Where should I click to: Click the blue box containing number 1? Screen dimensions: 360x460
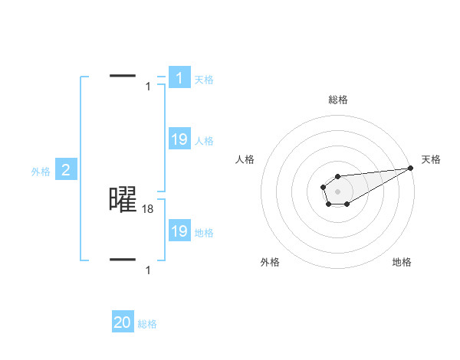179,77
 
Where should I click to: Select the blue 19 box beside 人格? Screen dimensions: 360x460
179,139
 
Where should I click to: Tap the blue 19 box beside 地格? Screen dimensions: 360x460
179,231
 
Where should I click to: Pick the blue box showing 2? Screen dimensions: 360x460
65,170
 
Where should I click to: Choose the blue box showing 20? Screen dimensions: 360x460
123,322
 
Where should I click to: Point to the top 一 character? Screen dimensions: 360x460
123,76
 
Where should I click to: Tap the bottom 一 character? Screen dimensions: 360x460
123,260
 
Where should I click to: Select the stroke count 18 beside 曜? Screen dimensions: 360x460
148,208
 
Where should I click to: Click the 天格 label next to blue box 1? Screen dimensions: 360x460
204,79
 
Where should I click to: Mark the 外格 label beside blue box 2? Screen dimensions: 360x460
41,172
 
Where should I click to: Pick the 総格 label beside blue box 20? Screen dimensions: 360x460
147,324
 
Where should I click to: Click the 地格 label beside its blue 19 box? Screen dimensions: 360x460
204,233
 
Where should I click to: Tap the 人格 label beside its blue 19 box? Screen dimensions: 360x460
204,141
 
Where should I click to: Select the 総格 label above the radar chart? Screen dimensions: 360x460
338,100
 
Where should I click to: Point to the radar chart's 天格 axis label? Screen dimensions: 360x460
432,159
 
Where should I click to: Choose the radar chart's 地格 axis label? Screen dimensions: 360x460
402,262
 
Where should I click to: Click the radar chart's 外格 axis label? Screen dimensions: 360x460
270,262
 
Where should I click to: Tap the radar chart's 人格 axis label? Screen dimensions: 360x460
245,159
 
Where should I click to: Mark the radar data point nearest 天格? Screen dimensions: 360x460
410,167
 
